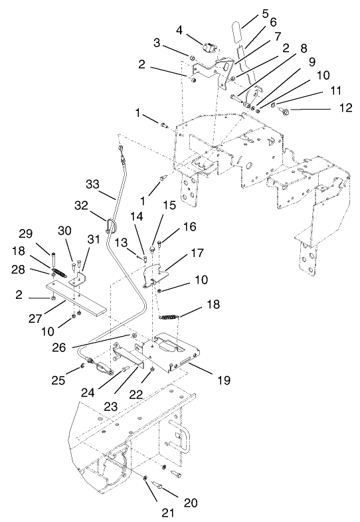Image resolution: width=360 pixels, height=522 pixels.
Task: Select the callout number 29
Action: pyautogui.click(x=25, y=235)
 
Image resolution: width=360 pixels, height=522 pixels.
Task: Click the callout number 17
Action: pyautogui.click(x=197, y=254)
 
